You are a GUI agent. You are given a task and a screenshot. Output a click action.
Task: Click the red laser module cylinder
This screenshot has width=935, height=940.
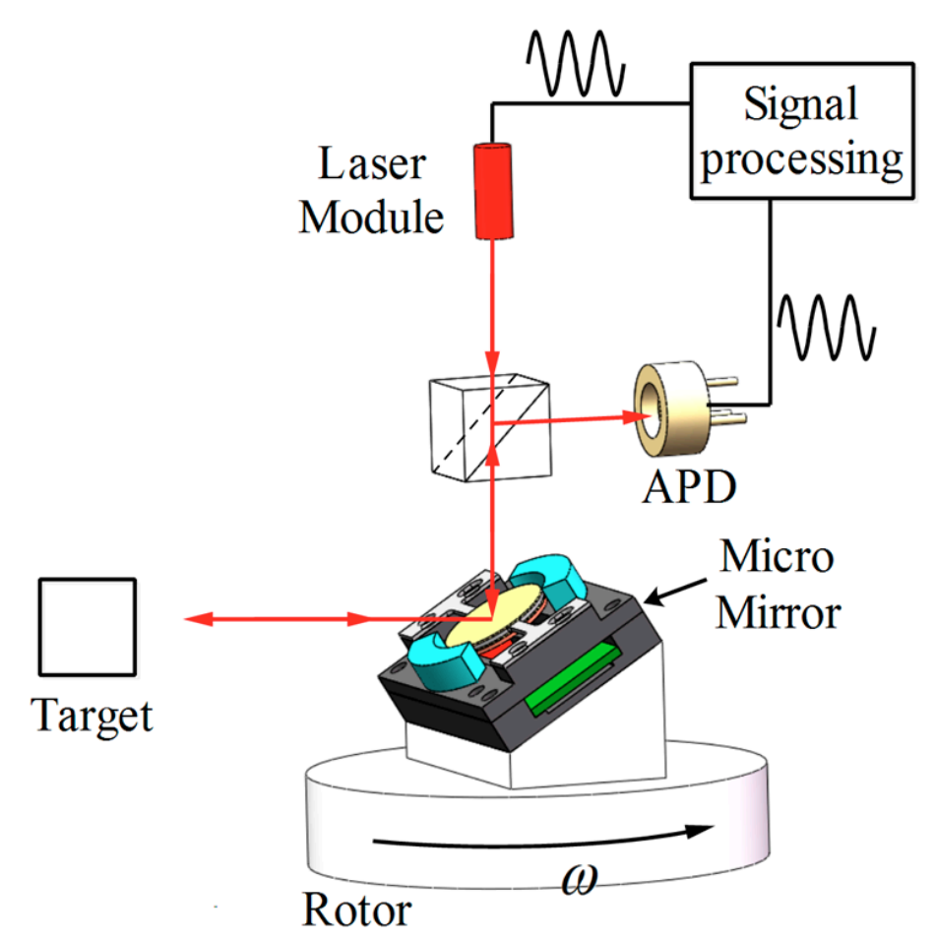tap(489, 191)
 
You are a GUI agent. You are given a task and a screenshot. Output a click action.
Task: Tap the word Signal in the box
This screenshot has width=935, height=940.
tap(800, 103)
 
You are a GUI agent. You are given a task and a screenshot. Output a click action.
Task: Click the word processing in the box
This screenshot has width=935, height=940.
tap(801, 157)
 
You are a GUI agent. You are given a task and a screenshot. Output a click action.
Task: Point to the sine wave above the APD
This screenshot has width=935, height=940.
tap(826, 327)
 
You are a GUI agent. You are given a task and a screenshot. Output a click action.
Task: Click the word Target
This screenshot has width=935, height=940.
tap(93, 716)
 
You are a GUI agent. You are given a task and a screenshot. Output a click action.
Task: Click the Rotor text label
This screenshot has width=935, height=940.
tap(356, 909)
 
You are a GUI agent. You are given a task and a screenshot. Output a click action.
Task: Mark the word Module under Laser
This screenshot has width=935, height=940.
tap(371, 218)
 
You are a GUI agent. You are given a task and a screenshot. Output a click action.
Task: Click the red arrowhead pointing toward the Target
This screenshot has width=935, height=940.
tap(196, 619)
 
